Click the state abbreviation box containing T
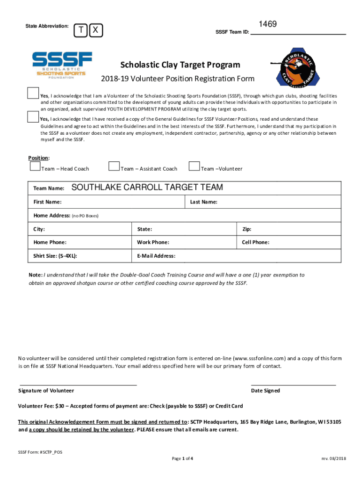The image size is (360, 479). [x=81, y=30]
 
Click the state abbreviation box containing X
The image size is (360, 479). [x=95, y=30]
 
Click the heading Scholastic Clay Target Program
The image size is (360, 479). [x=180, y=65]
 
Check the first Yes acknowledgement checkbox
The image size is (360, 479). [x=33, y=93]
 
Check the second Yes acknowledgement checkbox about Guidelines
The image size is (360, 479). [x=33, y=116]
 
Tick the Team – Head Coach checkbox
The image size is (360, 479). [x=35, y=166]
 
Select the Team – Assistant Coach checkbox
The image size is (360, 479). [x=114, y=166]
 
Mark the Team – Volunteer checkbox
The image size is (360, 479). [x=194, y=166]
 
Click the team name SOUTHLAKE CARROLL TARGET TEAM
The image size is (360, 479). [x=147, y=188]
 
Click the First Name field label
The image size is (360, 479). [x=47, y=202]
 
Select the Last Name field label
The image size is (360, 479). [x=203, y=202]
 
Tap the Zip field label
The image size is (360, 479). [x=246, y=229]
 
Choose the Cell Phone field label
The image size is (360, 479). [x=255, y=242]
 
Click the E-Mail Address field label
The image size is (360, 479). [x=156, y=256]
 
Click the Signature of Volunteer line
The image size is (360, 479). [x=78, y=384]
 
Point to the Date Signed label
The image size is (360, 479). [x=265, y=391]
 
